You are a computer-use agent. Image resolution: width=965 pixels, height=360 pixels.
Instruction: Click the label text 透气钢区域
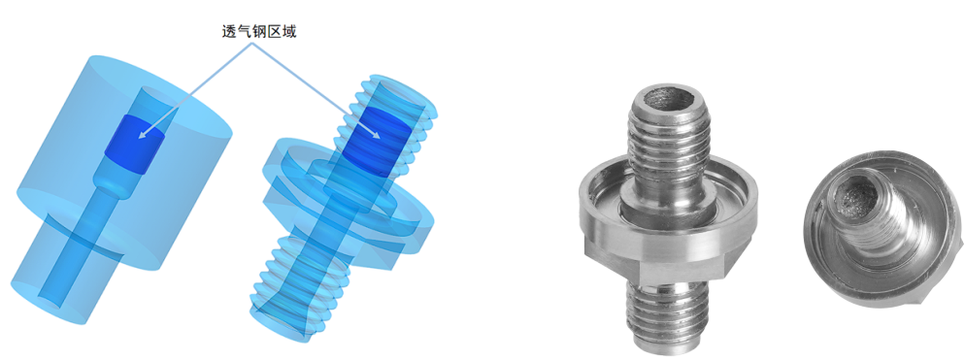point(259,31)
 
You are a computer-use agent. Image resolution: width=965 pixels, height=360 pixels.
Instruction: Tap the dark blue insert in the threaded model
point(376,141)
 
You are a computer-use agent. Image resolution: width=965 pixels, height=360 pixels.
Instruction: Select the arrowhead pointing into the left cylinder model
point(143,132)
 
